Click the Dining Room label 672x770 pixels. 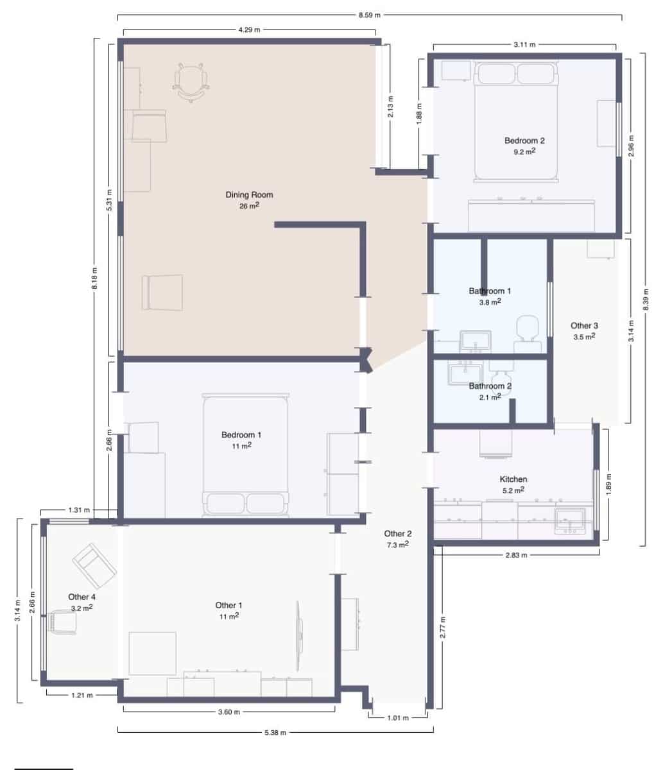(x=249, y=194)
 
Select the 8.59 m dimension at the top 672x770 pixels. (x=370, y=15)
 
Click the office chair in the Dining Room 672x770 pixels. (x=191, y=81)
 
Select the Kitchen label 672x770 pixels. (x=513, y=479)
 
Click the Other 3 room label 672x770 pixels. (x=584, y=325)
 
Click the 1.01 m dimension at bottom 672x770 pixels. (x=398, y=717)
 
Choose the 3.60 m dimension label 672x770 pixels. (x=228, y=712)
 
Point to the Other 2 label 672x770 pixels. (x=398, y=533)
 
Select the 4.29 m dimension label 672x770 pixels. (x=249, y=30)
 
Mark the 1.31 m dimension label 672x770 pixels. (x=78, y=511)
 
